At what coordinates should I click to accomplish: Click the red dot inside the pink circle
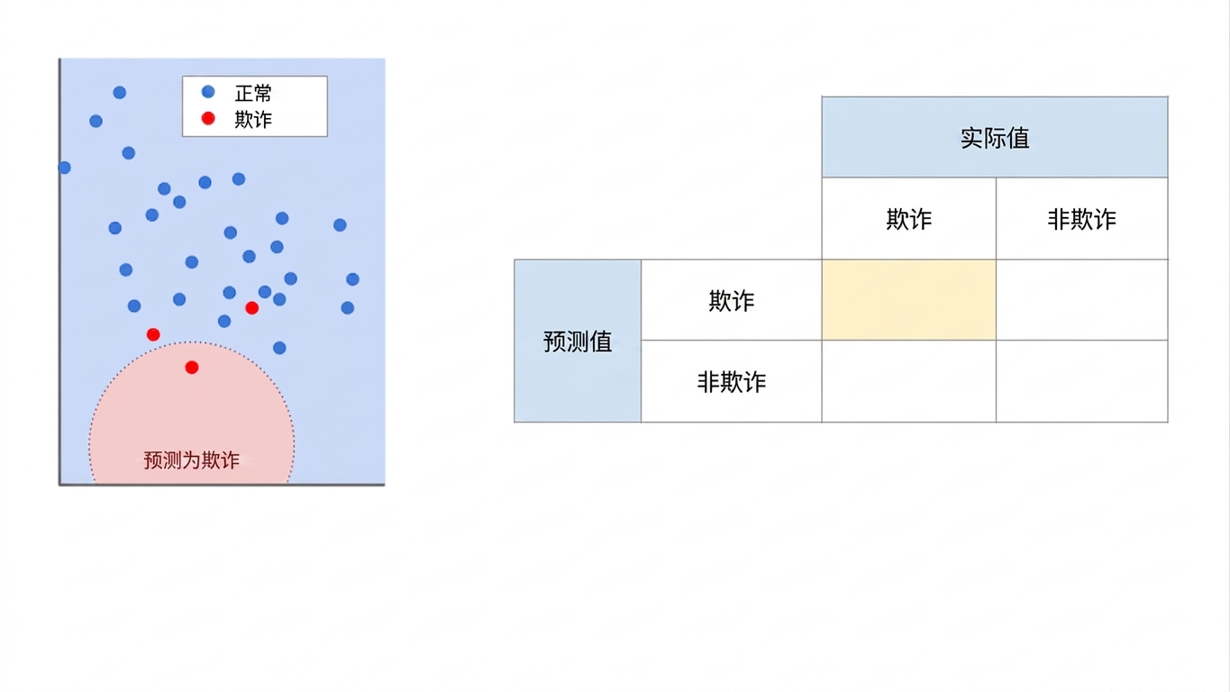tap(192, 368)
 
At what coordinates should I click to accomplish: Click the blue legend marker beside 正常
tap(208, 92)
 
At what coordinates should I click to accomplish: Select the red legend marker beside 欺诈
tap(208, 118)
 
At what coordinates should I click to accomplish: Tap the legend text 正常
tap(253, 94)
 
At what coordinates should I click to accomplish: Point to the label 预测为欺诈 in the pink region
tap(192, 460)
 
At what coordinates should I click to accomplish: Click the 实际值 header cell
tap(995, 137)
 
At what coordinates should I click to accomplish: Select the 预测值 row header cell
tap(578, 341)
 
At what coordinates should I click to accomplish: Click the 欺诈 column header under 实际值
tap(909, 219)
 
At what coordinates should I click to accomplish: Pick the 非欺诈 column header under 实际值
tap(1081, 219)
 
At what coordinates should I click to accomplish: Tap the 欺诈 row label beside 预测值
tap(732, 300)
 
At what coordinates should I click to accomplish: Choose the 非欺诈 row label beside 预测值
tap(732, 382)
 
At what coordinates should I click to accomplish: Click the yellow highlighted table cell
tap(909, 300)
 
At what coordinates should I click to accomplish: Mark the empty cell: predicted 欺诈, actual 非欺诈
tap(1081, 300)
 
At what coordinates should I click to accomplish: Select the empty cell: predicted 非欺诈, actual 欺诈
tap(909, 382)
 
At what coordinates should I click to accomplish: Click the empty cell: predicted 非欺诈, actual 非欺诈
tap(1081, 382)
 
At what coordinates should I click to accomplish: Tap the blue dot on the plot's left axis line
tap(64, 168)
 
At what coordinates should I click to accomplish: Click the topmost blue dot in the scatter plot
tap(119, 92)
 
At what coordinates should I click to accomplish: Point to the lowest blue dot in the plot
tap(279, 348)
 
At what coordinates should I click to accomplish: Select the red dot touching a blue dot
tap(252, 308)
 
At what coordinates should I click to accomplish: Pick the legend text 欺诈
tap(253, 120)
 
